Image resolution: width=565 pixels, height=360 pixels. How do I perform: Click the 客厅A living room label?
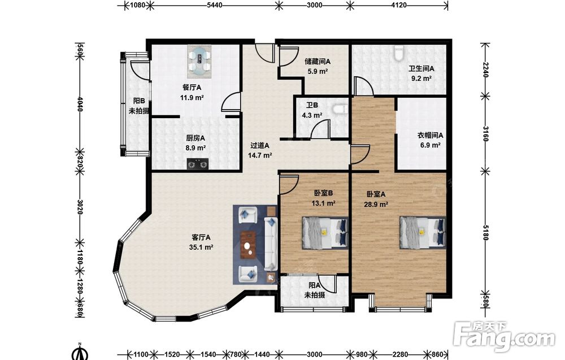point(201,237)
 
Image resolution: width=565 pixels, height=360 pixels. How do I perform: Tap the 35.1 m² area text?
point(201,247)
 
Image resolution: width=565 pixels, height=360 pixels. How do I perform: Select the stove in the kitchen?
point(198,164)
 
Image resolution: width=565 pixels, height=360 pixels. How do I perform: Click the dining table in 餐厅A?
point(199,61)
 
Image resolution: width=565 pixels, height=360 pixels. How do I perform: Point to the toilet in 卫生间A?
point(398,53)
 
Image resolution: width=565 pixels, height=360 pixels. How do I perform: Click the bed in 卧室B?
point(325,233)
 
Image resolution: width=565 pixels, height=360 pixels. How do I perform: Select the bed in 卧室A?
point(423,233)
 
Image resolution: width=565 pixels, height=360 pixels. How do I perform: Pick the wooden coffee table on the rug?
point(248,245)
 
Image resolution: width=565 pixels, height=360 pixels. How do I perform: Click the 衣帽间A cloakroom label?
point(430,136)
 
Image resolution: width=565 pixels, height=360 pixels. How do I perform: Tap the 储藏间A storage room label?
point(318,61)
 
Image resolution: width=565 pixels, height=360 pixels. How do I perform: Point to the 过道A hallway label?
point(260,146)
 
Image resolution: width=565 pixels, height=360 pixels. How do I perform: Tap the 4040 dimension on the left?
point(80,104)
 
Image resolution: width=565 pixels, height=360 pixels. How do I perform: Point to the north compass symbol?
point(80,352)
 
